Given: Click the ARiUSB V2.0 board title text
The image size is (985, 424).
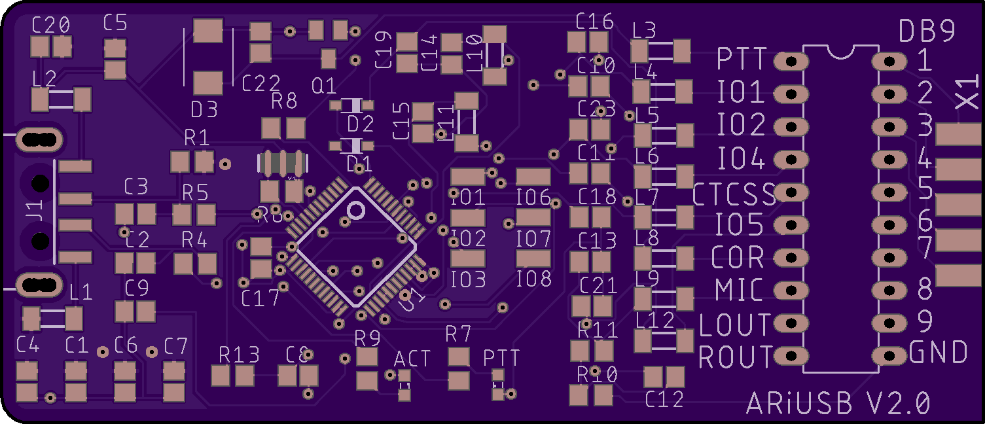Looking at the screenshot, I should coord(838,403).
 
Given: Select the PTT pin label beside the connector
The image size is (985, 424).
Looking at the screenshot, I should coord(742,60).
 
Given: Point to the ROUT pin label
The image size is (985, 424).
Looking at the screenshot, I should coord(736,357).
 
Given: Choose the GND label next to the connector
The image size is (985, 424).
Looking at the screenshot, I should coord(939,353).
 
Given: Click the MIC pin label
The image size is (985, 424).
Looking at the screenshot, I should coord(740,289).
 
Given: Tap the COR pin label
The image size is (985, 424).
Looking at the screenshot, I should coord(738,257).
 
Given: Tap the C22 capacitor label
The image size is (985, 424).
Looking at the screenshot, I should coord(261,84).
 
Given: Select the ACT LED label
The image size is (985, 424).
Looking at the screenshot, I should coord(412,359).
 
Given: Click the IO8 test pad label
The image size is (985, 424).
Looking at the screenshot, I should coord(533,280).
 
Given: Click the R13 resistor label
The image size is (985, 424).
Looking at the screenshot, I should coord(239,355).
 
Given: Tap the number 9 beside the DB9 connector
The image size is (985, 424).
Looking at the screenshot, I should coord(925,321).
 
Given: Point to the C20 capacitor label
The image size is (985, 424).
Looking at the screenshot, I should coord(51,26).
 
